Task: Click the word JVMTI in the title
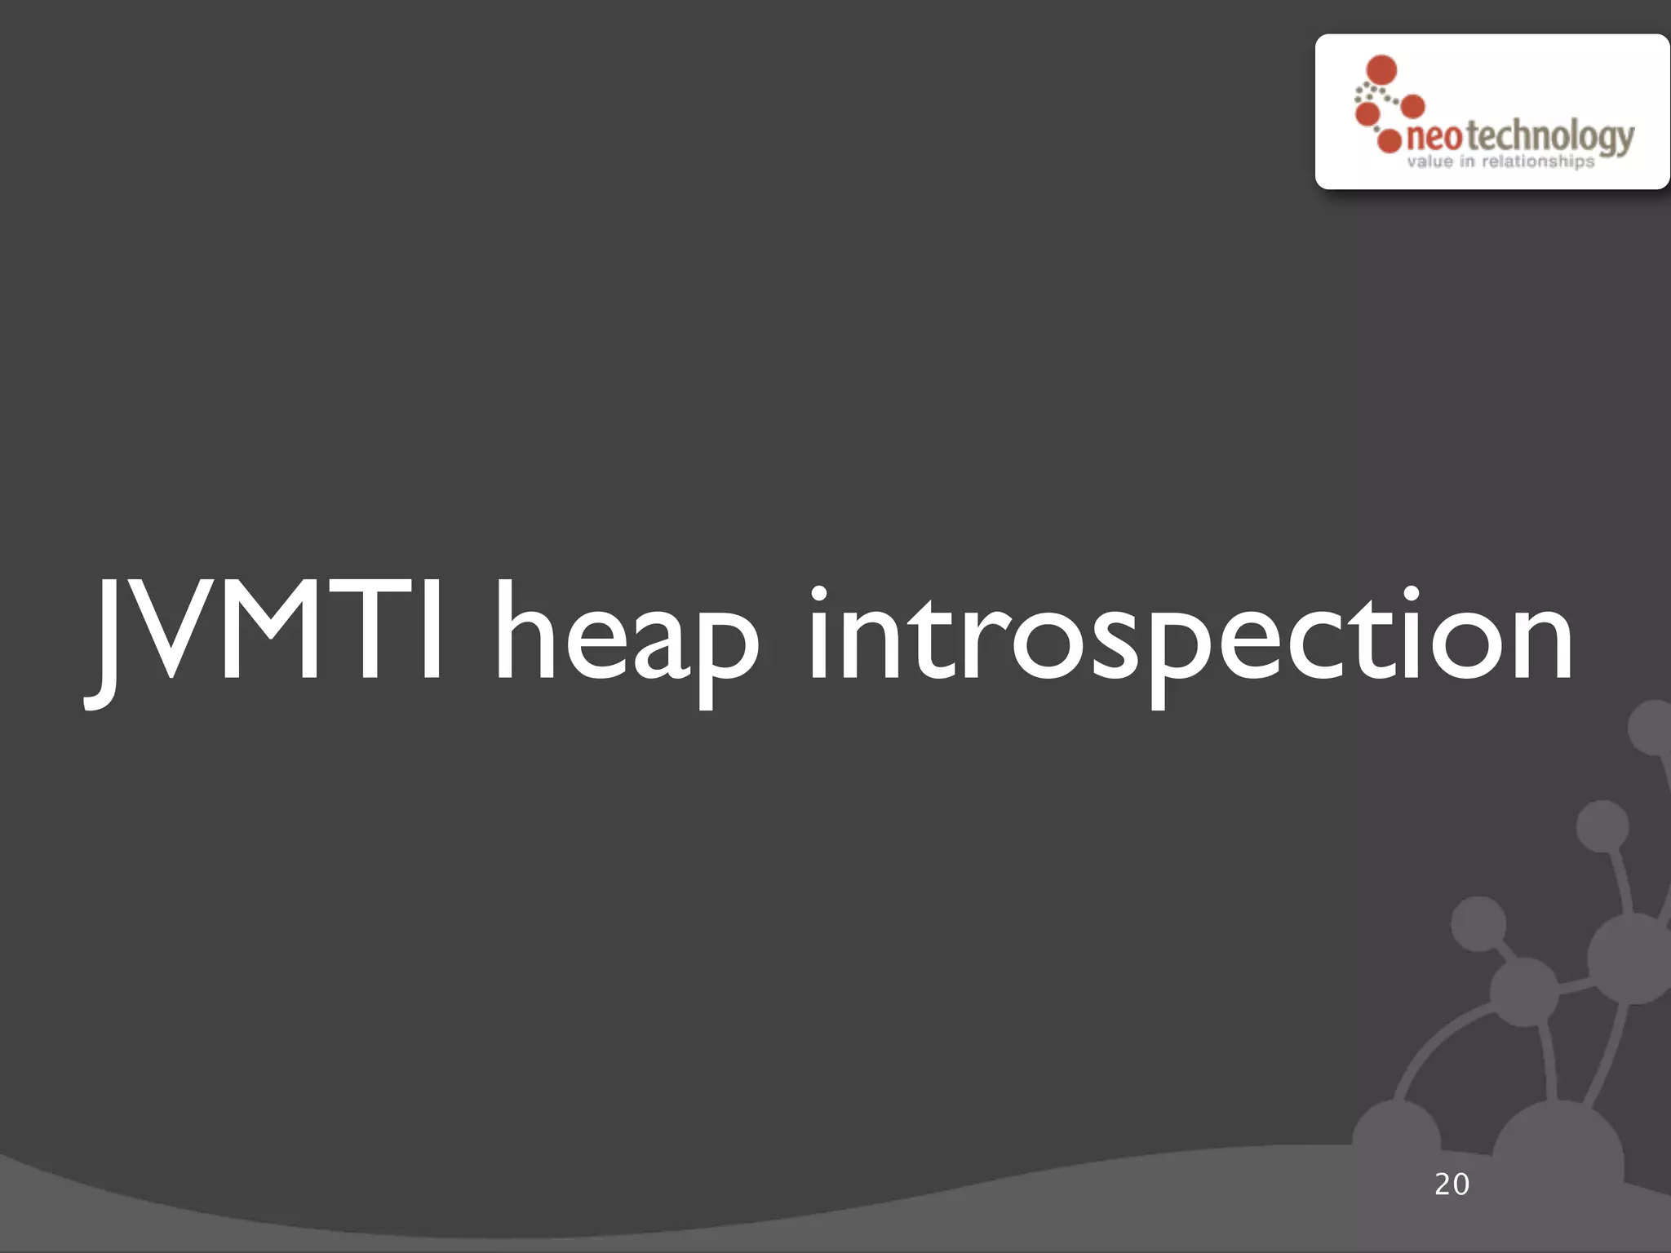pos(265,632)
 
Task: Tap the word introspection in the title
pos(1190,636)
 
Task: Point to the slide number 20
pos(1452,1184)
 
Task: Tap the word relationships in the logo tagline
pos(1537,162)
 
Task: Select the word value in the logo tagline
pos(1429,162)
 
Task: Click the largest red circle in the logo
pos(1381,70)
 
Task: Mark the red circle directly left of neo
pos(1389,140)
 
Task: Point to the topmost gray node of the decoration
pos(1652,726)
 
